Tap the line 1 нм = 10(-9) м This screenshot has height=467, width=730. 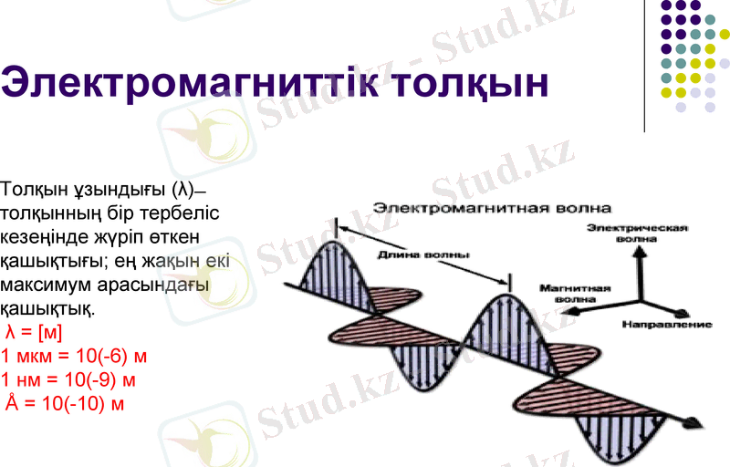tap(68, 379)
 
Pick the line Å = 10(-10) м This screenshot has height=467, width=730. tap(65, 402)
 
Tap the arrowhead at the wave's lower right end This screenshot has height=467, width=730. tap(694, 420)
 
